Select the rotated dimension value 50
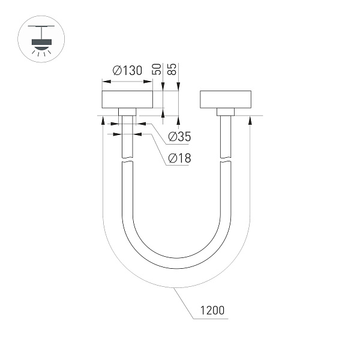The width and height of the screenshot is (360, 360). coord(157,67)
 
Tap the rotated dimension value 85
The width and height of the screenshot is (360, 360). coord(173,67)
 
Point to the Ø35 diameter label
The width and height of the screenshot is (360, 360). coord(179,137)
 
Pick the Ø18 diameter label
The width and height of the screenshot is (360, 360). coord(179,158)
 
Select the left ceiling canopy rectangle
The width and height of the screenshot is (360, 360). coord(127,100)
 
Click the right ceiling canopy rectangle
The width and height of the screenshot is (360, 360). coord(226,100)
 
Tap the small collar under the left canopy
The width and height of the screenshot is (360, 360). coord(127,112)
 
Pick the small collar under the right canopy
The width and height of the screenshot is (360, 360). coord(226,112)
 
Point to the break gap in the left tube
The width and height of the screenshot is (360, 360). coord(127,161)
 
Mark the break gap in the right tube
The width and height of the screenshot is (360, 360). coord(226,161)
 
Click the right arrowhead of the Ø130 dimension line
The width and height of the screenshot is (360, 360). coord(149,83)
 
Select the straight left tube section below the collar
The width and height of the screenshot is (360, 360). coord(127,138)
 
